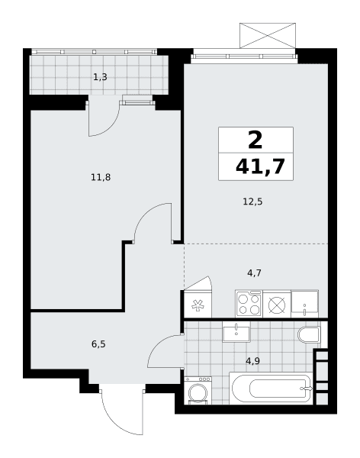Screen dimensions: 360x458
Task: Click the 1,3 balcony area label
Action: click(x=100, y=77)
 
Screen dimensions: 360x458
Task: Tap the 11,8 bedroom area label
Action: click(x=101, y=177)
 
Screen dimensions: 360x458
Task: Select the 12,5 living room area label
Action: click(x=252, y=202)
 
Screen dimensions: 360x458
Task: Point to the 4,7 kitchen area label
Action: click(x=254, y=273)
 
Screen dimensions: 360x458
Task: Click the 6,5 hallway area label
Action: click(x=98, y=344)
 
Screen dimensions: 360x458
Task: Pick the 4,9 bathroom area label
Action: click(x=253, y=361)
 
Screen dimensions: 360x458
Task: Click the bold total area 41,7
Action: click(x=260, y=166)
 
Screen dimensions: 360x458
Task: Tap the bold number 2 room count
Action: click(x=256, y=140)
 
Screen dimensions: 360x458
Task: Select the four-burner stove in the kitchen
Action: click(x=249, y=304)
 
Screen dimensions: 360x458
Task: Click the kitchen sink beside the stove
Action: click(x=304, y=304)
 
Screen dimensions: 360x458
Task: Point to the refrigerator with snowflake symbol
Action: click(x=198, y=304)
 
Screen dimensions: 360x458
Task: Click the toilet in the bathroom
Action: click(x=309, y=334)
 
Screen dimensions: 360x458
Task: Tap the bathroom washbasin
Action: click(x=236, y=332)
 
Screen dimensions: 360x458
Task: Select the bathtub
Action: click(x=271, y=389)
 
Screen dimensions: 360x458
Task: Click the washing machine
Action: click(x=198, y=391)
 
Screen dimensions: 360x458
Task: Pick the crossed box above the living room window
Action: click(x=268, y=35)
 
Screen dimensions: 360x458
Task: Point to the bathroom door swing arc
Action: click(x=160, y=343)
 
